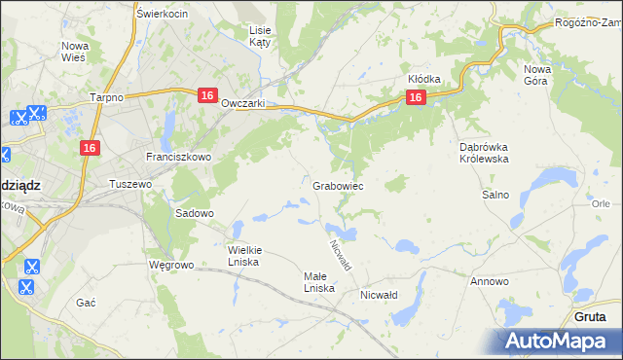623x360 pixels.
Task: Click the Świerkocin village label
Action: click(x=163, y=14)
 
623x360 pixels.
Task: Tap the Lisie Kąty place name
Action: click(x=260, y=37)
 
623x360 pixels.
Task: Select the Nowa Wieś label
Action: click(x=75, y=52)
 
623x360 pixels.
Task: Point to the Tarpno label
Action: click(x=105, y=98)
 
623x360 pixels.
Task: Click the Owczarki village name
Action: click(x=243, y=103)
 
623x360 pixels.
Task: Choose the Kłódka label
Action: click(x=424, y=79)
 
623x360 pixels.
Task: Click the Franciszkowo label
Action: click(x=172, y=156)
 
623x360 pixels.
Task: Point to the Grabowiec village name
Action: click(x=339, y=185)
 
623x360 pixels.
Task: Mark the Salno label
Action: click(x=495, y=195)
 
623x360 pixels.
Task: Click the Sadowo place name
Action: click(x=194, y=212)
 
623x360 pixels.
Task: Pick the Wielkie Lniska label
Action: click(x=244, y=256)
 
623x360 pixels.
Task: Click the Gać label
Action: click(x=86, y=303)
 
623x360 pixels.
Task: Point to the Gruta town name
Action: click(x=591, y=317)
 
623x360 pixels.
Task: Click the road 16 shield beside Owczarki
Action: click(x=206, y=95)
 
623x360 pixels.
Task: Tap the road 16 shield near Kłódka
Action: click(x=415, y=97)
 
